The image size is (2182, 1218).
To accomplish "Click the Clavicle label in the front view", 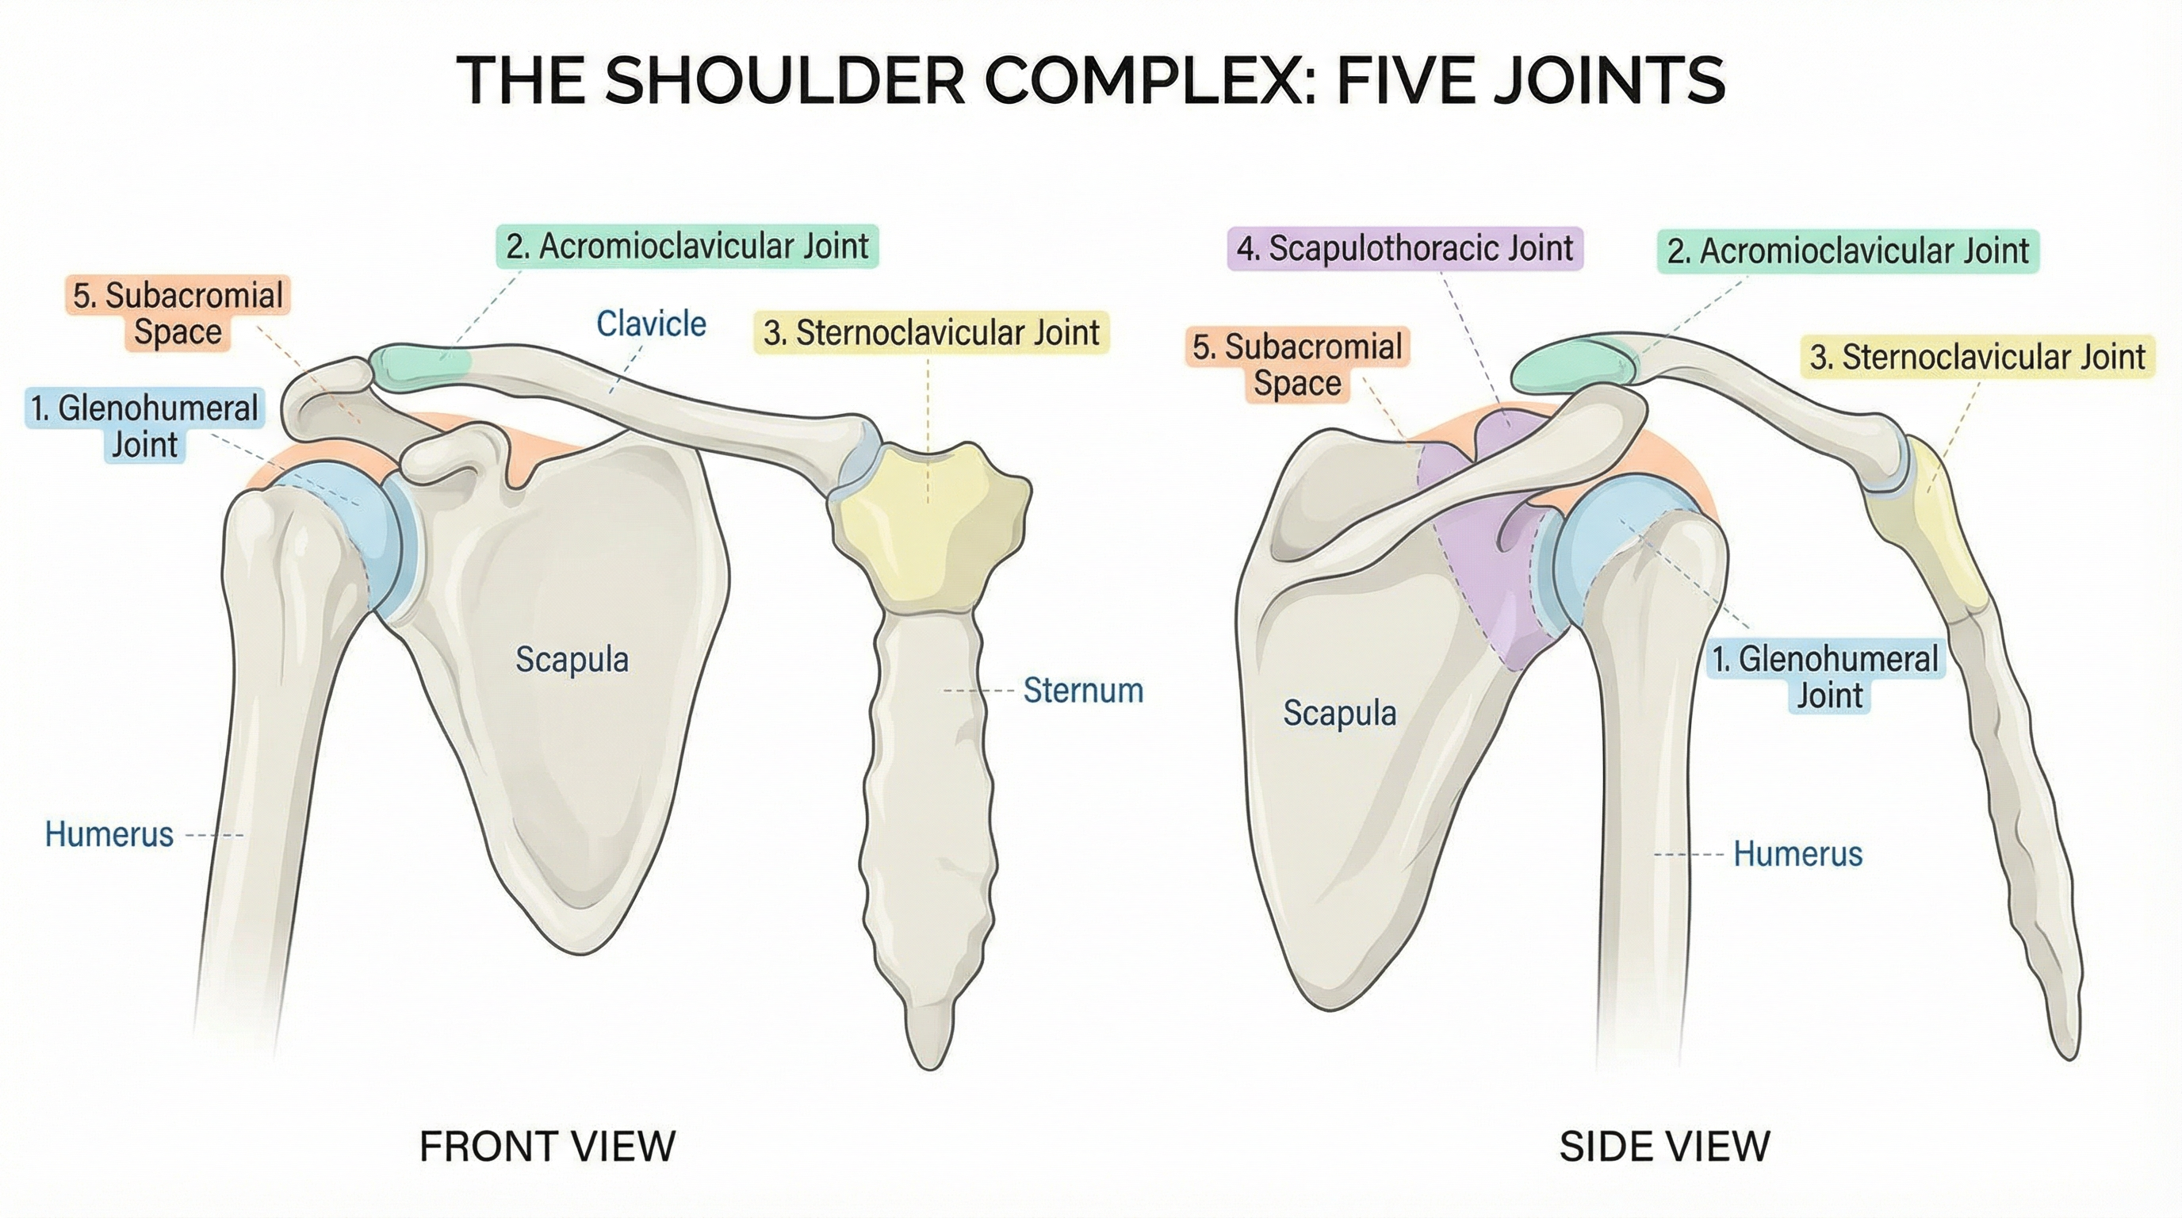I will tap(650, 324).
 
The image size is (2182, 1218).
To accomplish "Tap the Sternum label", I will tap(1082, 691).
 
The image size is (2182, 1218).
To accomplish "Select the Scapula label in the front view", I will tap(572, 659).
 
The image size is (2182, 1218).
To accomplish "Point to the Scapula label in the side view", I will tap(1339, 712).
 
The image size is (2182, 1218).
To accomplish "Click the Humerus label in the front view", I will tap(109, 834).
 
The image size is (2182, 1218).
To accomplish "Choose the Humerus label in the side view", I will tap(1797, 854).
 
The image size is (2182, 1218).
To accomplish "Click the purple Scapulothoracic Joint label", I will tap(1404, 248).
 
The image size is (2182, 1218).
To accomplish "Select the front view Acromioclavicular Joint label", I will tap(687, 247).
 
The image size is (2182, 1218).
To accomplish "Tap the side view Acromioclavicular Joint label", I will tap(1847, 251).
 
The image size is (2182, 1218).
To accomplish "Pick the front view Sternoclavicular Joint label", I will tap(931, 332).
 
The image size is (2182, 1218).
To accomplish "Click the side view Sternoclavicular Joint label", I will tap(1977, 357).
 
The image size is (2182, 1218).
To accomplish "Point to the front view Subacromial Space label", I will tap(178, 313).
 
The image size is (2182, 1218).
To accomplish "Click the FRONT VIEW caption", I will tap(547, 1147).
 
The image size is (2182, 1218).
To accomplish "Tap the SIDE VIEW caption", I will tap(1664, 1147).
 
